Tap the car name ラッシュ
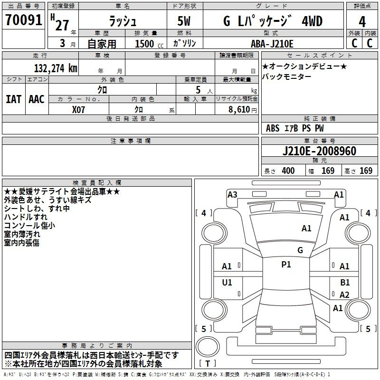coord(123,21)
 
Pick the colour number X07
coord(79,109)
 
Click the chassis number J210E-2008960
coord(319,151)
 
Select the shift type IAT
coord(13,99)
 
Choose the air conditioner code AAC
coord(36,99)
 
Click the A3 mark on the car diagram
coord(232,194)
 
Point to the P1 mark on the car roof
coord(286,265)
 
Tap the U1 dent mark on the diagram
coord(228,283)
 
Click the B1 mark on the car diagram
coord(345,283)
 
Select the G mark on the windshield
coord(300,250)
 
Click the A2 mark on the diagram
coord(345,295)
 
